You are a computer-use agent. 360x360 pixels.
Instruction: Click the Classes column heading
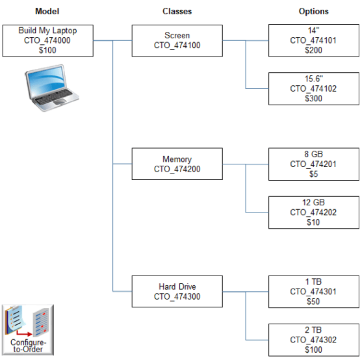177,12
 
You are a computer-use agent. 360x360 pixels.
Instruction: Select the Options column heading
313,12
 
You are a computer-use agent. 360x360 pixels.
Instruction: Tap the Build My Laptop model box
47,40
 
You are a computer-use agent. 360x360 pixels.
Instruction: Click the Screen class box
177,40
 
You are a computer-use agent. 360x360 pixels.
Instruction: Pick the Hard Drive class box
177,291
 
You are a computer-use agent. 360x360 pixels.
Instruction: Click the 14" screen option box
313,40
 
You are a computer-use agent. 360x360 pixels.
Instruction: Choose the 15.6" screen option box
313,88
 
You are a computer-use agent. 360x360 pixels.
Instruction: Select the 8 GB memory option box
313,164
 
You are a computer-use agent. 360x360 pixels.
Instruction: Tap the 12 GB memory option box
313,212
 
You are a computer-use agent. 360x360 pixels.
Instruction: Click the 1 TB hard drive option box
313,291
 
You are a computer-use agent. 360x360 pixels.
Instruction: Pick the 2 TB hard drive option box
313,340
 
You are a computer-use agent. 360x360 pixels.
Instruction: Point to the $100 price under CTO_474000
47,50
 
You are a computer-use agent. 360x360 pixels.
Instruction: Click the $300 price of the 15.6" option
313,98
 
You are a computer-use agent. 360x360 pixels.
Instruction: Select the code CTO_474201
313,164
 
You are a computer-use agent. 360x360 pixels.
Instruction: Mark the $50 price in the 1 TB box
313,302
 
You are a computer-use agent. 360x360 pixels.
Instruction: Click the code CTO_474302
313,340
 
